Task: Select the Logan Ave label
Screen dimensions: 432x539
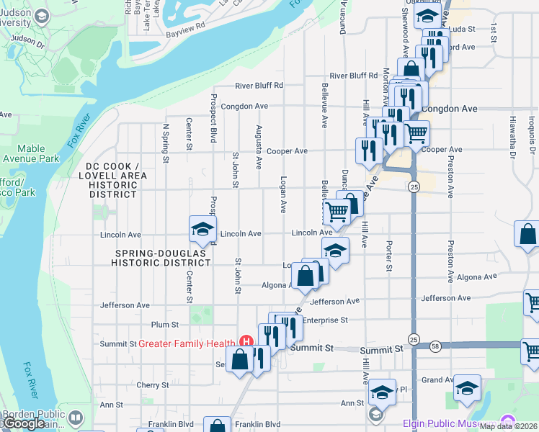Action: pyautogui.click(x=284, y=194)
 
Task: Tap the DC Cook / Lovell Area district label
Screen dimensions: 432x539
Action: pyautogui.click(x=112, y=180)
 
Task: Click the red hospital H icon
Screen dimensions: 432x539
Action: pyautogui.click(x=246, y=341)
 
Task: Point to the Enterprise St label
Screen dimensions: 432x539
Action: pyautogui.click(x=326, y=320)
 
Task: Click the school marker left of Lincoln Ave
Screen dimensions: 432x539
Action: pyautogui.click(x=202, y=230)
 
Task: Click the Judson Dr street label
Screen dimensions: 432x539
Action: pyautogui.click(x=28, y=39)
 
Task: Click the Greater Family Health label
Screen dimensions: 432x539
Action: pyautogui.click(x=187, y=343)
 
